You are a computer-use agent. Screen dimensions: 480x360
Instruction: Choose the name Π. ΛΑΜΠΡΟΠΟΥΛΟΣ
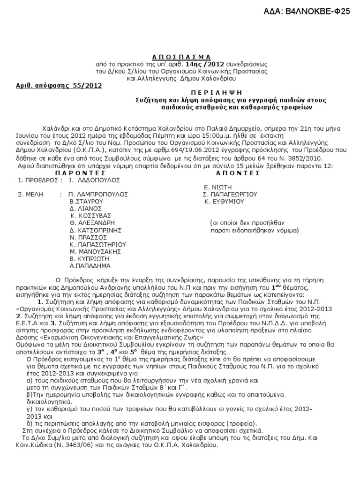(97, 194)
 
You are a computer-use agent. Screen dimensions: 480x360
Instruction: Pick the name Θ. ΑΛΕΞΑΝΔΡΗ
(92, 223)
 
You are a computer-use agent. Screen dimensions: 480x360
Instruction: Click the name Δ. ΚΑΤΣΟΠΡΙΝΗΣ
(96, 230)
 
